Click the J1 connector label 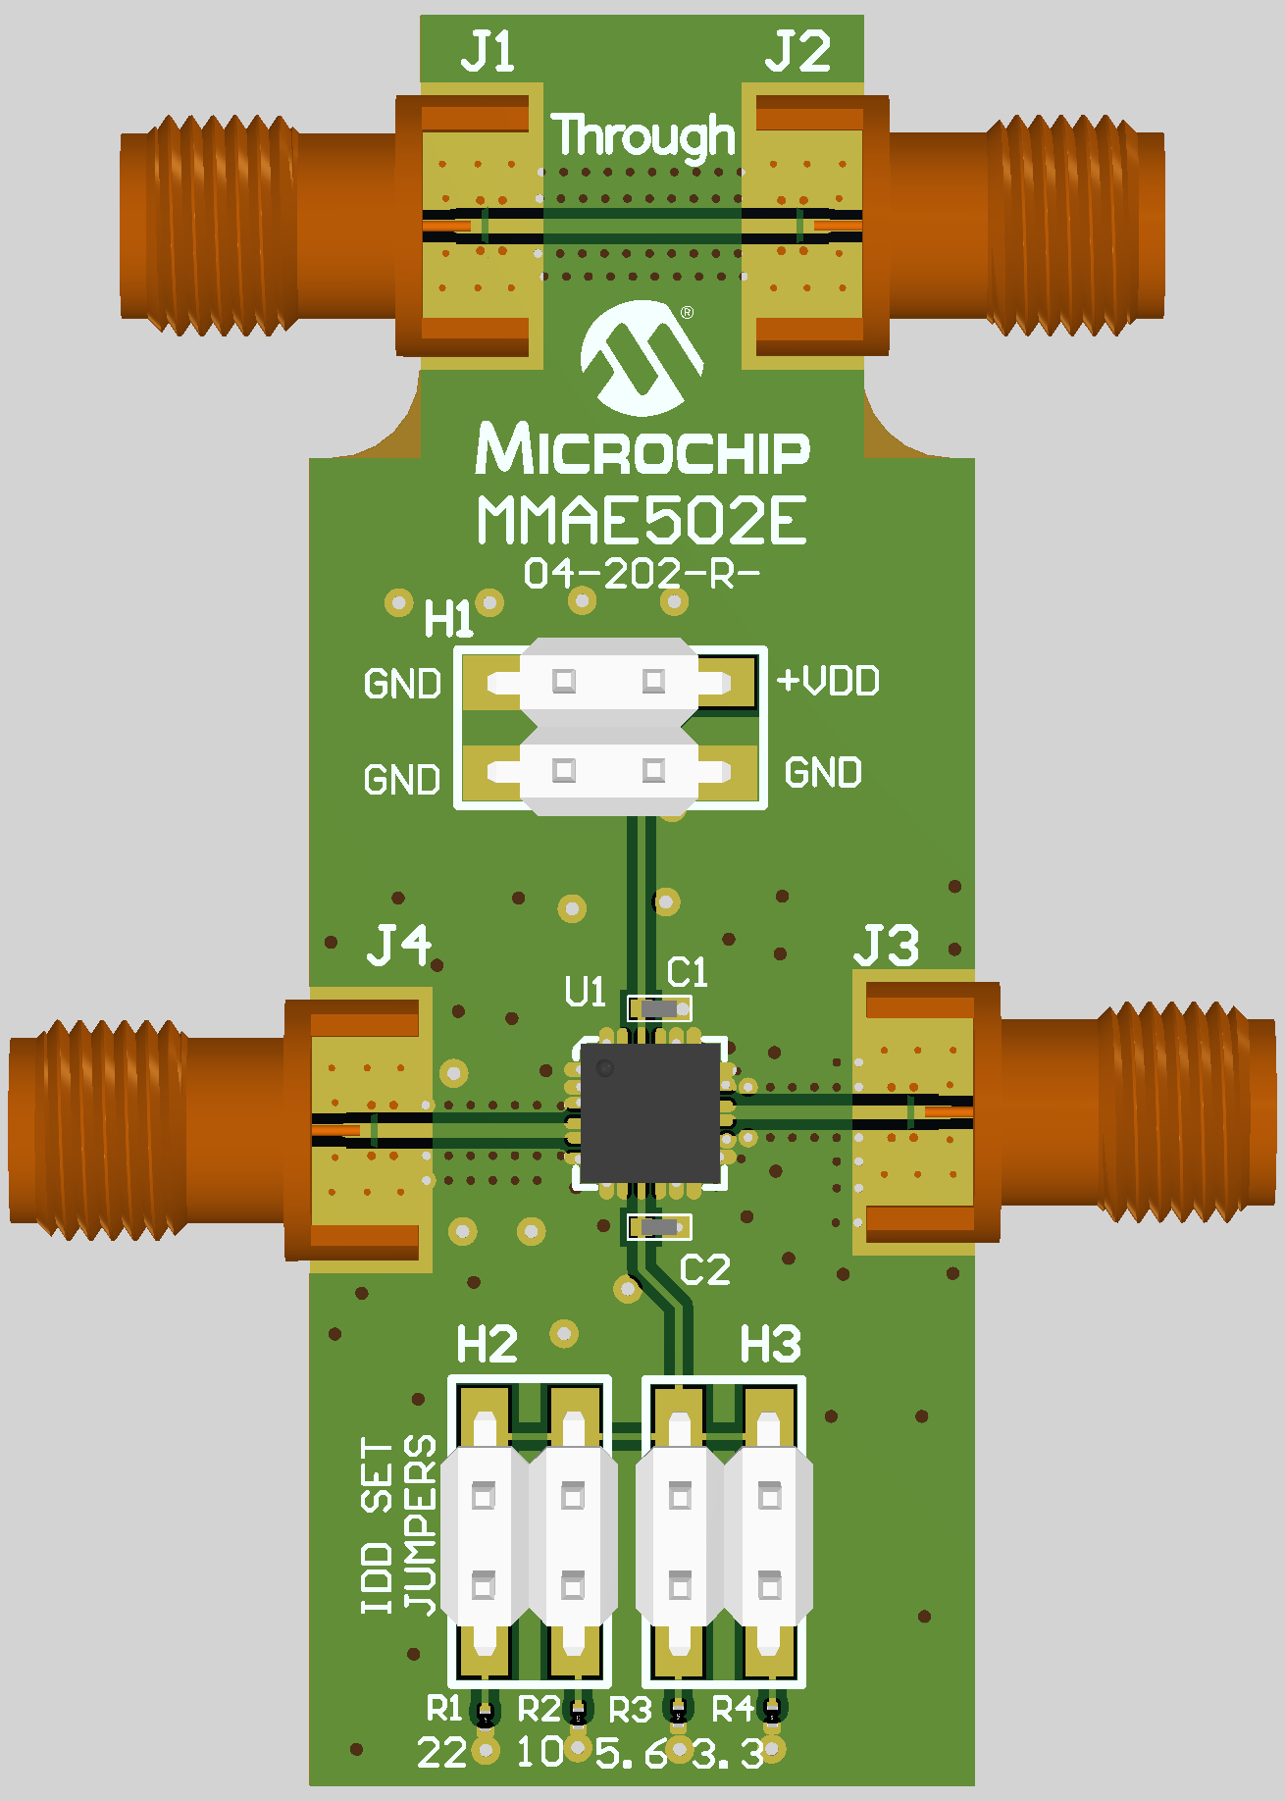point(488,52)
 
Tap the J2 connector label point(797,52)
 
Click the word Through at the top point(642,135)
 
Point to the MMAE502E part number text point(642,521)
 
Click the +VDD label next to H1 point(828,681)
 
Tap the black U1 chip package point(650,1112)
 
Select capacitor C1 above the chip point(659,1007)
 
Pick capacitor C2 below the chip point(659,1226)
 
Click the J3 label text point(886,947)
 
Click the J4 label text point(398,947)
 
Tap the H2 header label point(487,1345)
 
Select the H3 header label point(770,1345)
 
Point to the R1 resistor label point(443,1709)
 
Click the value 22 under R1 point(441,1753)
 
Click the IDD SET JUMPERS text point(398,1525)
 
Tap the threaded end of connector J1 point(211,227)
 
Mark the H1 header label point(448,620)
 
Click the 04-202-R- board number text point(642,574)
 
